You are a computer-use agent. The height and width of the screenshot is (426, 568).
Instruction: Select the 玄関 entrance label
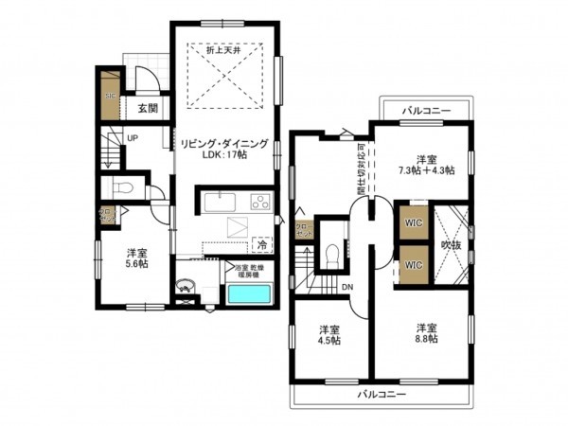[x=147, y=109]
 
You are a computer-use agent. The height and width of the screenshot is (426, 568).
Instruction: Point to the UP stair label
[x=133, y=138]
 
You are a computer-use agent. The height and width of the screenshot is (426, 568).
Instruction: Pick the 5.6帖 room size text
[x=137, y=265]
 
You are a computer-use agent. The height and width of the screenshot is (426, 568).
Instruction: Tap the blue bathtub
[x=250, y=293]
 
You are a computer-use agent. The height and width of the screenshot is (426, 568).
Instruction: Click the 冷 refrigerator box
[x=260, y=244]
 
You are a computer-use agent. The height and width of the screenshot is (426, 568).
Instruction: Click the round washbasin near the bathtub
[x=187, y=284]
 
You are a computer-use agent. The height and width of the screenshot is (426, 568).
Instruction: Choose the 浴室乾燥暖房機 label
[x=253, y=268]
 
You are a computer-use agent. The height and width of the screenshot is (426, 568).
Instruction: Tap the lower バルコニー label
[x=382, y=393]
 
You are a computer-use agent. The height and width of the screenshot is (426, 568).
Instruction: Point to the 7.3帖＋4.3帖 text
[x=422, y=170]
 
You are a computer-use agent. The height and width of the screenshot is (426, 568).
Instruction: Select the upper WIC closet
[x=414, y=222]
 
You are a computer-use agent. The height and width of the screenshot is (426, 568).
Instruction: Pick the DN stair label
[x=347, y=288]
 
